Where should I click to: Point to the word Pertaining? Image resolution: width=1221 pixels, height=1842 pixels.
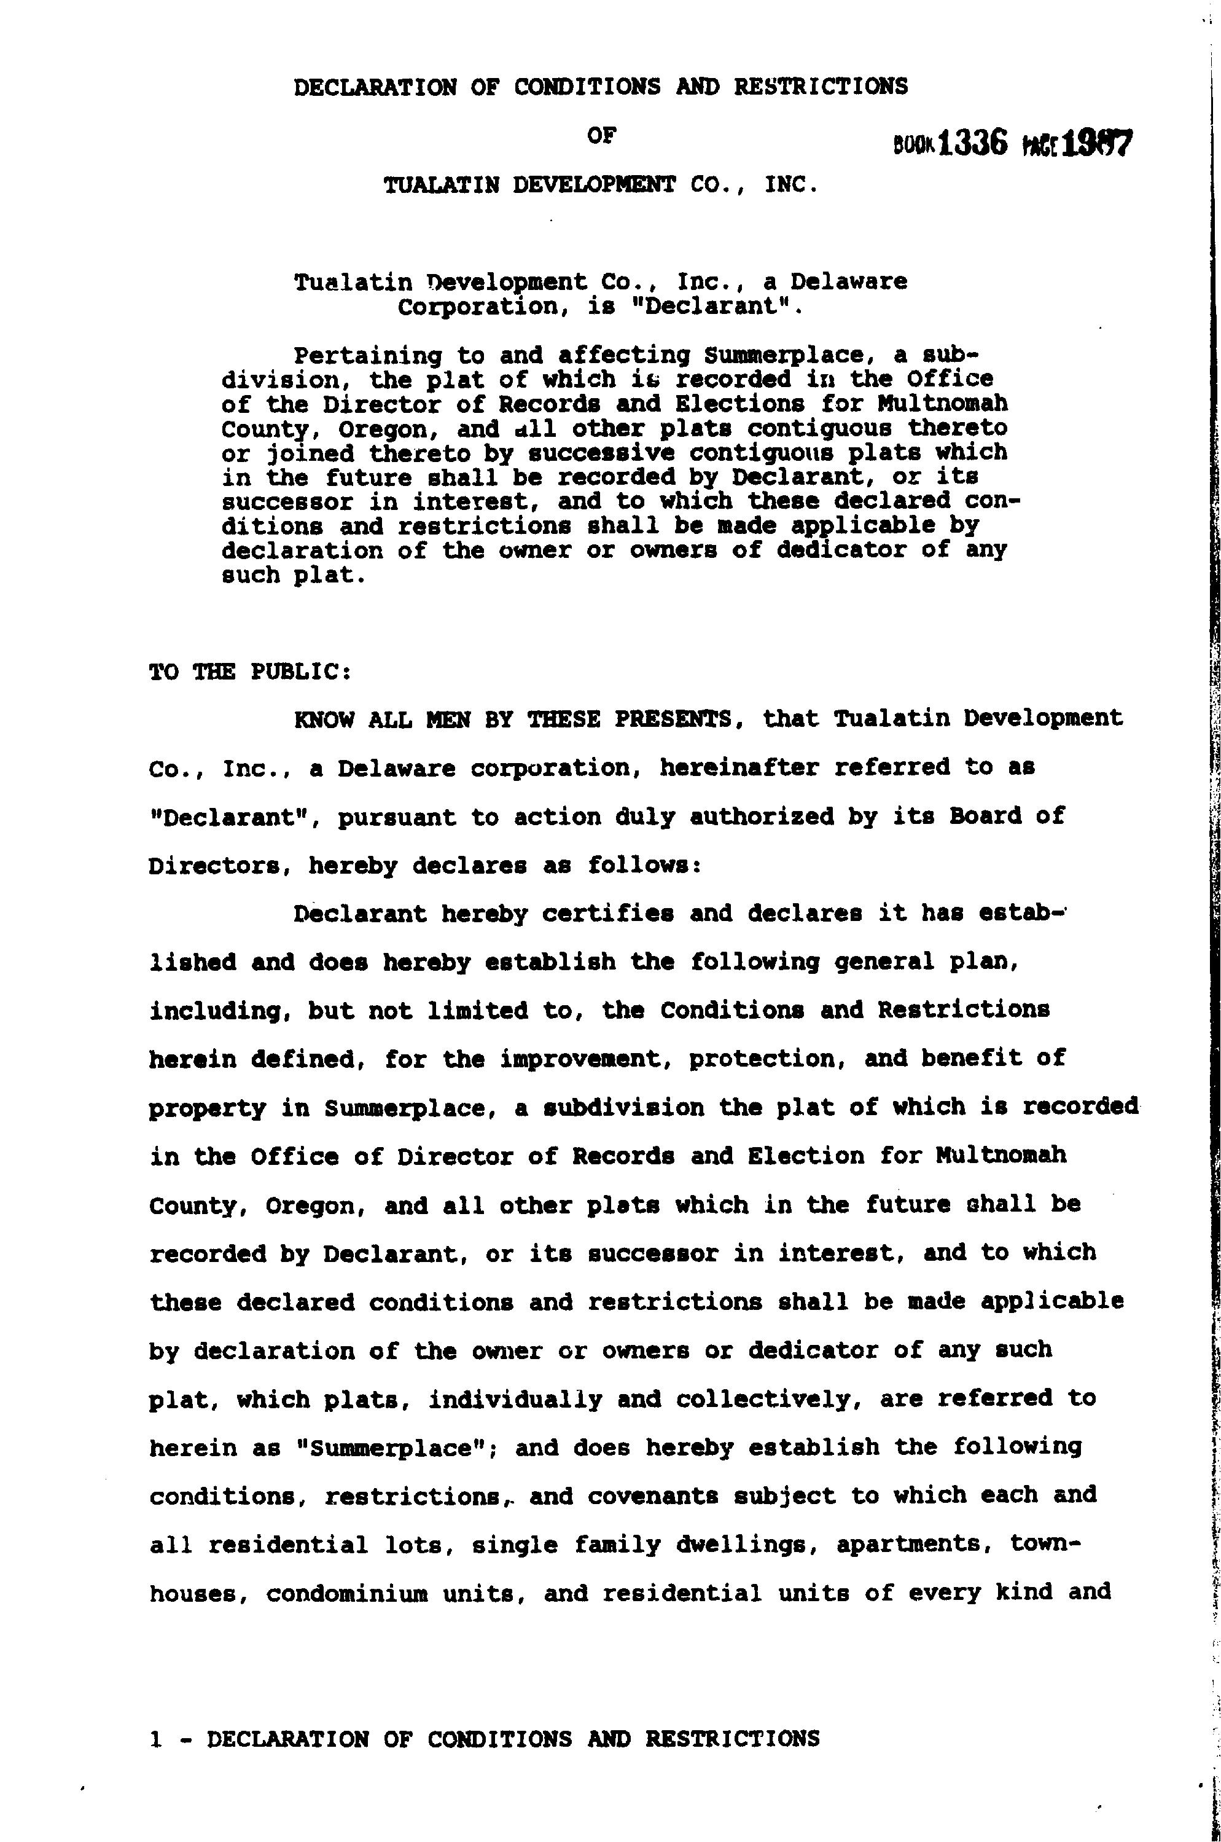367,356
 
